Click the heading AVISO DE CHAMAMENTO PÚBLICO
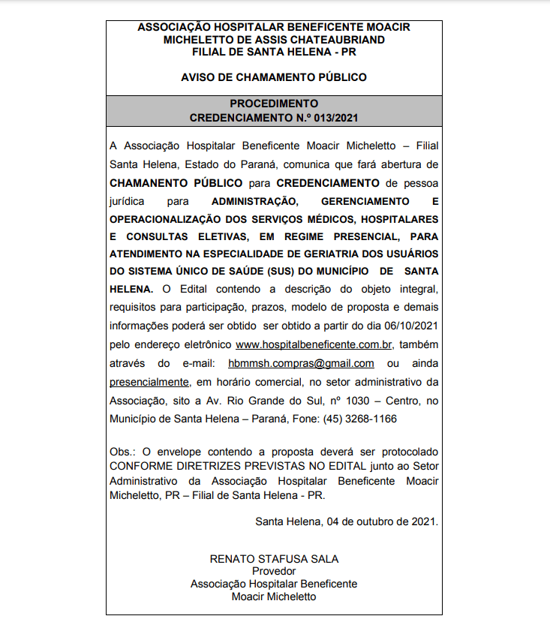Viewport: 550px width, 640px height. click(274, 77)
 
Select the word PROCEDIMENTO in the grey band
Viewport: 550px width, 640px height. click(274, 104)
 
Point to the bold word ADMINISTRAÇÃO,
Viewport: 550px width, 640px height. click(255, 202)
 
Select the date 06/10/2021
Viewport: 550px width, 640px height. click(410, 326)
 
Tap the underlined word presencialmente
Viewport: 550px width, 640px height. click(149, 381)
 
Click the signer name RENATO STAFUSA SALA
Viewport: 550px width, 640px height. click(274, 559)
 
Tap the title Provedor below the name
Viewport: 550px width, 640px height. click(274, 571)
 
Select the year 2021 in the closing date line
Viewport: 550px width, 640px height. click(424, 521)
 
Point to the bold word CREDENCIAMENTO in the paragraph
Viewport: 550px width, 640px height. click(327, 183)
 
